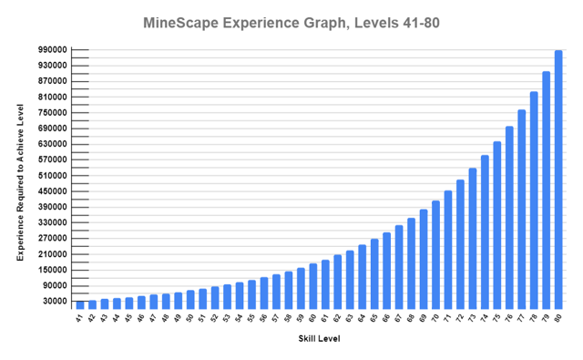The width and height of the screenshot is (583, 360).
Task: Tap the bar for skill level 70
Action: pyautogui.click(x=435, y=254)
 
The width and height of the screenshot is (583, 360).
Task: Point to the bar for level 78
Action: pyautogui.click(x=534, y=200)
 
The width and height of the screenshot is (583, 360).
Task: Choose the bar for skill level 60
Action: pyautogui.click(x=312, y=286)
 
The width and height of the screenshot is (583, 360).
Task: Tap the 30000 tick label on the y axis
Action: pyautogui.click(x=54, y=302)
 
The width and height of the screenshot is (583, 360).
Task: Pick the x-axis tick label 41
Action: pyautogui.click(x=80, y=318)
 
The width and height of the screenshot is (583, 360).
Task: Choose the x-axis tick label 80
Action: pyautogui.click(x=558, y=318)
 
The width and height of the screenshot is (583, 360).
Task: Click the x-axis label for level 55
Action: pyautogui.click(x=251, y=318)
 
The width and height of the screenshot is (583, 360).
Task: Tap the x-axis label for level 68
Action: pyautogui.click(x=411, y=318)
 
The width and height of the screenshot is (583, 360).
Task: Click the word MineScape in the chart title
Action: pyautogui.click(x=186, y=22)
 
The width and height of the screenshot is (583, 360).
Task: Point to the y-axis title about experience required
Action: pyautogui.click(x=20, y=182)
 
